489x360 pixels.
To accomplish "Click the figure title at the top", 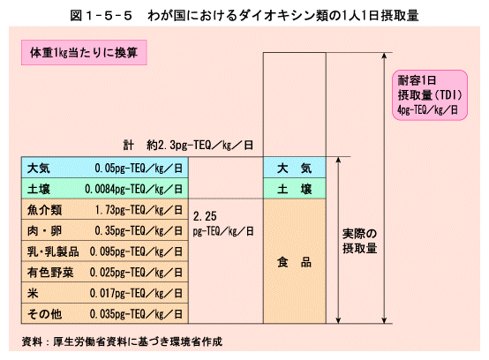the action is point(244,16).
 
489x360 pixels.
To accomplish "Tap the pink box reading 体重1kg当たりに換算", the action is point(84,52).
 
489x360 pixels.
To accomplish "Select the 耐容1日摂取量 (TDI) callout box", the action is point(430,95).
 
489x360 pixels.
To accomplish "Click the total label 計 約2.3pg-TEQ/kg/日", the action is point(188,146).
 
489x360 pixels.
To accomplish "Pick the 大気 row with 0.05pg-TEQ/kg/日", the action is point(105,168).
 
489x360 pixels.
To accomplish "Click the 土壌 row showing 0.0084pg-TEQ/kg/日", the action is point(105,189).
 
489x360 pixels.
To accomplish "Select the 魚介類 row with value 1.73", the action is point(105,209).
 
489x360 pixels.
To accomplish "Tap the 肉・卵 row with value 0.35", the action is point(105,230).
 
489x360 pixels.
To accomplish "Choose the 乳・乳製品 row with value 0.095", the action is point(105,251).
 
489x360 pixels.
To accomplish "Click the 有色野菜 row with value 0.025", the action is point(105,272).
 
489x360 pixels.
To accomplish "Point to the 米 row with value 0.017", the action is point(105,293).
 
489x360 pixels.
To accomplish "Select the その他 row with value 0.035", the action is point(105,313).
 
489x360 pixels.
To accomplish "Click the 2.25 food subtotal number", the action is point(205,216).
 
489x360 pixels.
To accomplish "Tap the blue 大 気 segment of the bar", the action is point(295,168).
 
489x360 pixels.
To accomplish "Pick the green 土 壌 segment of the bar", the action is point(295,189).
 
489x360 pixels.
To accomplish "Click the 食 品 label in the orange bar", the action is point(295,262).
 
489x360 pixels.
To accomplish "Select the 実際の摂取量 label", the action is point(359,241).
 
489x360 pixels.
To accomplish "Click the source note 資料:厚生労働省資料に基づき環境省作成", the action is point(122,341).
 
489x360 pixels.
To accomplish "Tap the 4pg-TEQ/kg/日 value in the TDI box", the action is point(427,109).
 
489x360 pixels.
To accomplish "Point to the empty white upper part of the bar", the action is point(295,105).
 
